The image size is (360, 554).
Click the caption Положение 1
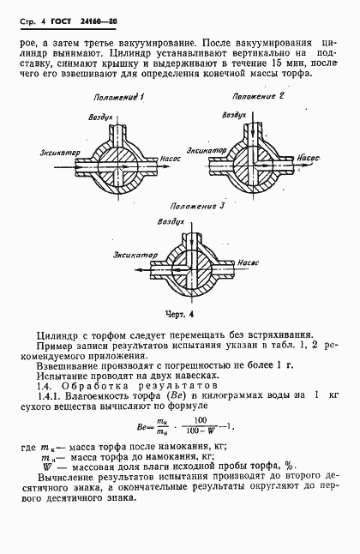(121, 97)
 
